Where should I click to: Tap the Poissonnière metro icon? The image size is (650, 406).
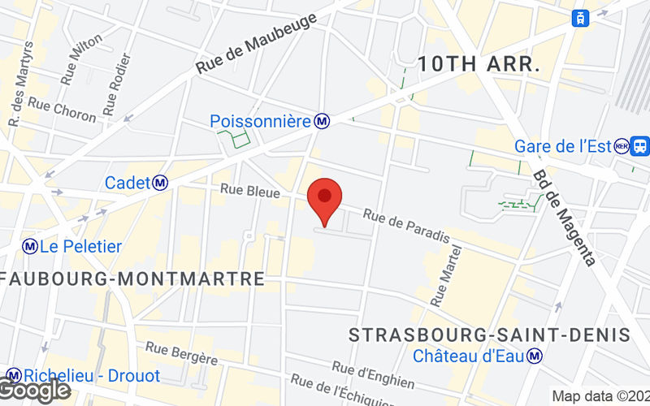click(323, 121)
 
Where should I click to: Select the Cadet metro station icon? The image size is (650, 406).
click(161, 184)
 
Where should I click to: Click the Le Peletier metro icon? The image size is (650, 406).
click(30, 246)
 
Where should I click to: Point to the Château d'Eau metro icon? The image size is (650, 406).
click(535, 356)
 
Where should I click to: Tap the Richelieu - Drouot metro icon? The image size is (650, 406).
click(14, 376)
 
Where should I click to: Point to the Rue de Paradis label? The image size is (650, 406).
click(406, 227)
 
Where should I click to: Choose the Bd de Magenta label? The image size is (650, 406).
click(565, 217)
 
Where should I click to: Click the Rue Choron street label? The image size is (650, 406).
click(62, 110)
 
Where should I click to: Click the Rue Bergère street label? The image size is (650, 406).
click(181, 353)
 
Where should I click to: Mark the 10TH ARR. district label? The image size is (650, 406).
click(479, 64)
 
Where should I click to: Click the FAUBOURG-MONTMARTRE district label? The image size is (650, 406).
click(133, 279)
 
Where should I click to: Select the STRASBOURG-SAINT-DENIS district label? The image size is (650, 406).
click(489, 335)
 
